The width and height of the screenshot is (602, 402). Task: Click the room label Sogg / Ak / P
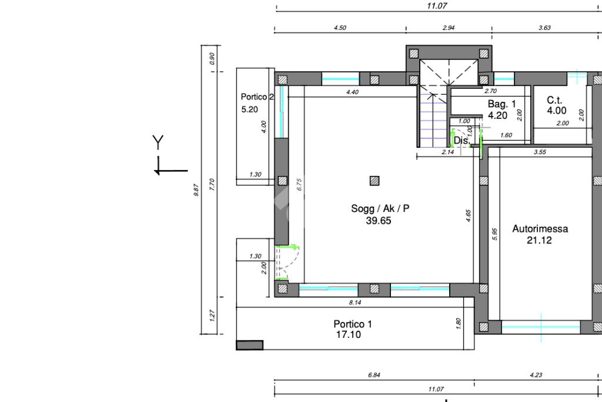click(380, 209)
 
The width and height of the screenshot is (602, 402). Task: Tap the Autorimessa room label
click(540, 229)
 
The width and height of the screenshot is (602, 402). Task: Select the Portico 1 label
click(353, 324)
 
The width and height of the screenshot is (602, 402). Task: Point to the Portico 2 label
click(257, 97)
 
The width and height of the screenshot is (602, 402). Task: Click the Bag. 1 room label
click(502, 104)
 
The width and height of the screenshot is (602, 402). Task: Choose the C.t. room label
click(554, 100)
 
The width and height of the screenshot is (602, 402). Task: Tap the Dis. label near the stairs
click(462, 141)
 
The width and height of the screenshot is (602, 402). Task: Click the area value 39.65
click(379, 221)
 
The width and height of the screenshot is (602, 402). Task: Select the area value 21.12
click(540, 240)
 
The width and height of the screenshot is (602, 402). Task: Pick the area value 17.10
click(349, 335)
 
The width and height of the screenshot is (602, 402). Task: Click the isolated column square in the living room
click(374, 181)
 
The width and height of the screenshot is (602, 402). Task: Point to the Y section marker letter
click(158, 142)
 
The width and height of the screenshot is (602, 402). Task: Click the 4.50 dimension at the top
click(340, 28)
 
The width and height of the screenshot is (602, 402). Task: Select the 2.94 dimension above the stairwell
click(449, 28)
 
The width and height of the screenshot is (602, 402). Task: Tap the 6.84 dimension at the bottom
click(374, 375)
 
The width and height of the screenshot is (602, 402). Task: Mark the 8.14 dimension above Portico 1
click(355, 303)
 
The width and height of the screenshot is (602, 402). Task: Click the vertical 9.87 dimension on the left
click(196, 190)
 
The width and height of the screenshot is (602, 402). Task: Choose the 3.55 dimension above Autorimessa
click(540, 152)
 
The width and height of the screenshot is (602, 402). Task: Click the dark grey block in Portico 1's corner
click(249, 345)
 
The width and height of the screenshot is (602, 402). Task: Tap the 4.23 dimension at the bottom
click(536, 375)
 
